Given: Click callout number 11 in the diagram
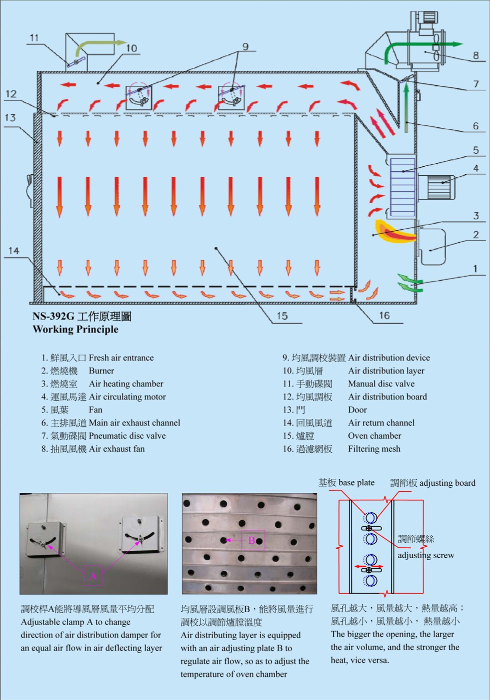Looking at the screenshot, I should [x=34, y=38].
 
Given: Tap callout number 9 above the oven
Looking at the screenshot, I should [x=245, y=46].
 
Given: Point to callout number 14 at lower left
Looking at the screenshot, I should [x=14, y=251].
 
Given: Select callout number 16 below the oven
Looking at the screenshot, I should [x=384, y=316].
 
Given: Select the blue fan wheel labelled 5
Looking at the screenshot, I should [x=402, y=186].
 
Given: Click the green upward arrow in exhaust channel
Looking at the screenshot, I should [x=406, y=107].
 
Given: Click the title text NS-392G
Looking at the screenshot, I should [x=53, y=316].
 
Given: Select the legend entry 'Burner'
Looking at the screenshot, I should [x=101, y=371].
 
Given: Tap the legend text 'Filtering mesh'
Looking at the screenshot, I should [x=374, y=449].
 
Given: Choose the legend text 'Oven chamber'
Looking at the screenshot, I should [x=374, y=436].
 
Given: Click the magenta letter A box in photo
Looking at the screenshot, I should [x=93, y=576].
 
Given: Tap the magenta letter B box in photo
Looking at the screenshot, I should [x=253, y=540].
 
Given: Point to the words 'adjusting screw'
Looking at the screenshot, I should [x=426, y=555].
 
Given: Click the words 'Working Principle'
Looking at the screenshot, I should [x=75, y=330].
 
